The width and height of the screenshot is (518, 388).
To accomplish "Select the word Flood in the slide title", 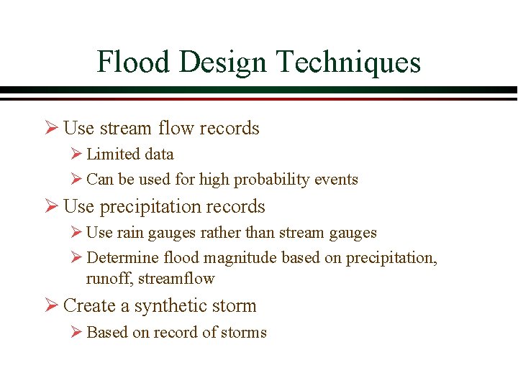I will click(134, 63).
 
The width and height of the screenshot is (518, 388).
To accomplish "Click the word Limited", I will click(110, 154).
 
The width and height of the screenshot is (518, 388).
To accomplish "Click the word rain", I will click(129, 233).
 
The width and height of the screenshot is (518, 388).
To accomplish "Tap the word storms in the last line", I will click(245, 333).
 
